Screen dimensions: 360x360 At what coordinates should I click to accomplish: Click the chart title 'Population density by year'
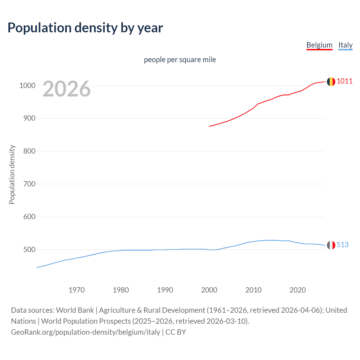click(x=85, y=28)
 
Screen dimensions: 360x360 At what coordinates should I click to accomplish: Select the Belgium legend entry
click(x=319, y=45)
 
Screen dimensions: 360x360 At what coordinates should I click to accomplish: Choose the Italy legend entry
click(x=345, y=45)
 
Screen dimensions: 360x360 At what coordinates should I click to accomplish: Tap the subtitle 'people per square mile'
click(x=180, y=60)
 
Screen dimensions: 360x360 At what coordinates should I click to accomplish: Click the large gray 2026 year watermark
click(x=67, y=89)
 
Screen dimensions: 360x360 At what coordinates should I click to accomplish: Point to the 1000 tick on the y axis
click(x=27, y=85)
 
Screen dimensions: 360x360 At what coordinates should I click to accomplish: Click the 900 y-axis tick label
click(x=30, y=118)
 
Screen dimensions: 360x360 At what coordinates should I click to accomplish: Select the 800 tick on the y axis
click(x=30, y=151)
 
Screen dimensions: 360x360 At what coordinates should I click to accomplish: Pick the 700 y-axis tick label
click(x=30, y=184)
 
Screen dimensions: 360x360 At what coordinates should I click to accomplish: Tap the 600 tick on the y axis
click(x=30, y=217)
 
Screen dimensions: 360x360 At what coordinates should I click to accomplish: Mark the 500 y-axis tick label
click(x=30, y=250)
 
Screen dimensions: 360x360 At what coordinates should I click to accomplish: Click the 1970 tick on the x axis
click(x=76, y=290)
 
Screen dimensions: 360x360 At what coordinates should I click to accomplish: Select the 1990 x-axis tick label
click(x=165, y=290)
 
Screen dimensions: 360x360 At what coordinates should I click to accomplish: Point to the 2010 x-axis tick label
click(x=253, y=290)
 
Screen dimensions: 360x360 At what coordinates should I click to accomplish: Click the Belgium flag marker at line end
click(x=331, y=82)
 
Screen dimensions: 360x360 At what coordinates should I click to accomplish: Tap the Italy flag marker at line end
click(x=331, y=245)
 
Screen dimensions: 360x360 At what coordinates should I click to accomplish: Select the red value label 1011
click(x=345, y=81)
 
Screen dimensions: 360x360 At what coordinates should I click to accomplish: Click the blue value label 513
click(x=342, y=245)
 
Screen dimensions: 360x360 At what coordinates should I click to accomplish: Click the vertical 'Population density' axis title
click(x=12, y=174)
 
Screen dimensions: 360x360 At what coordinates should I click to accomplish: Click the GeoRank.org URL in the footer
click(x=85, y=332)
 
